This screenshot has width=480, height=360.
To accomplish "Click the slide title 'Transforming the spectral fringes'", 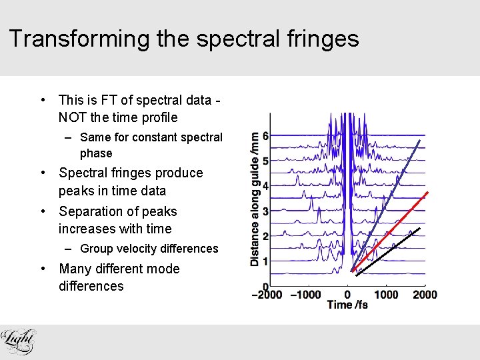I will coord(184,39).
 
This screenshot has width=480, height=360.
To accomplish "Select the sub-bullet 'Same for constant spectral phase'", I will coord(151,145).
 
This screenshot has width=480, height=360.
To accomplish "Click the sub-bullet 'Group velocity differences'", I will coord(149,249).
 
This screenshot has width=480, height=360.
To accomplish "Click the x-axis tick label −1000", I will coord(307,295).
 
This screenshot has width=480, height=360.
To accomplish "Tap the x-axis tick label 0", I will coord(347,295).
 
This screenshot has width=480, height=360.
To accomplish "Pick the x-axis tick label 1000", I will coord(386,295).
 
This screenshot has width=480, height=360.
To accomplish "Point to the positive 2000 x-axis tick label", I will coord(425,295).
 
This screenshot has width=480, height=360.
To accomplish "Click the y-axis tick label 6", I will coord(265,136).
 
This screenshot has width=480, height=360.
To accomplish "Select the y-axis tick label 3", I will coord(265,211).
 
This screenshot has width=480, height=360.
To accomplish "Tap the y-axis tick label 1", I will coord(265,261).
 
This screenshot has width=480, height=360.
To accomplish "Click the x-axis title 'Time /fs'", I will coord(347,305).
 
